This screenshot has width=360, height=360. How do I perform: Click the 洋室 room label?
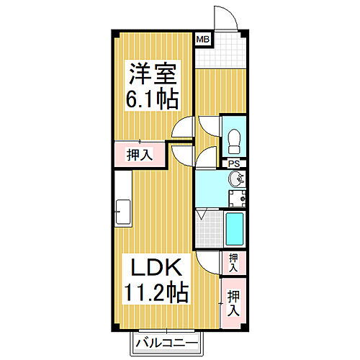pyautogui.click(x=153, y=73)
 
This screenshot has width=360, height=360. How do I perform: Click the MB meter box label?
pyautogui.click(x=203, y=39)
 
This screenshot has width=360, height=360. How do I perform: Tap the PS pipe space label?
pyautogui.click(x=233, y=164)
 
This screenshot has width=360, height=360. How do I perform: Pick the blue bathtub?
pyautogui.click(x=235, y=229)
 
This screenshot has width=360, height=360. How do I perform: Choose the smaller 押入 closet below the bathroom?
pyautogui.click(x=233, y=262)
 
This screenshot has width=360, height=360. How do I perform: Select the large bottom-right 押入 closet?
pyautogui.click(x=233, y=303)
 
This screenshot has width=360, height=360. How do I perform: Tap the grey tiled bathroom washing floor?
pyautogui.click(x=207, y=229)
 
